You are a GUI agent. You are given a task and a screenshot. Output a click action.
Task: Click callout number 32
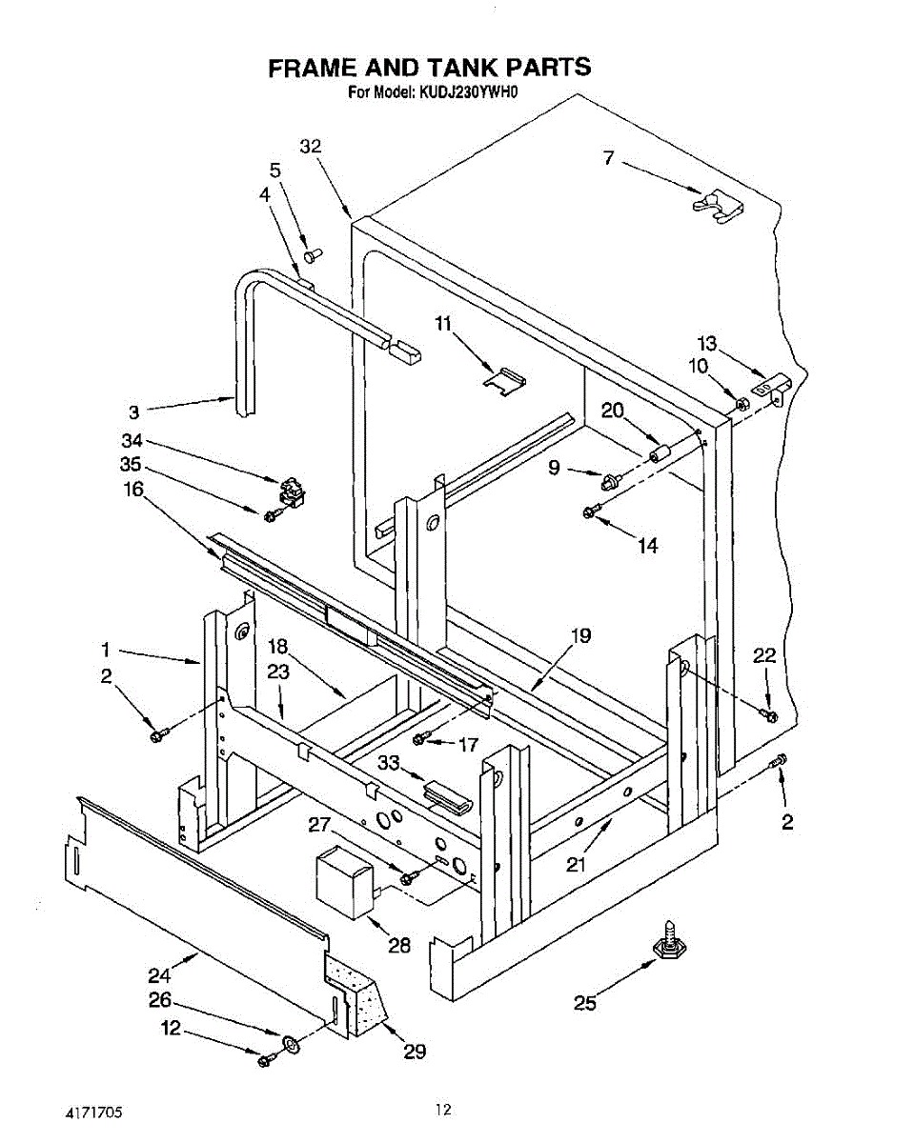pos(311,146)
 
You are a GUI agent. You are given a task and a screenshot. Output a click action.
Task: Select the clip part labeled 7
pos(718,206)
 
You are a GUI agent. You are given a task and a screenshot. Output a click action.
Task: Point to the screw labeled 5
pos(312,255)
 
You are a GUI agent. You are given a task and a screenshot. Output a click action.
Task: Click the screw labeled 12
pos(266,1058)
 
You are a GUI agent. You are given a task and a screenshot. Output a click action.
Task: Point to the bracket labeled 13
pos(770,389)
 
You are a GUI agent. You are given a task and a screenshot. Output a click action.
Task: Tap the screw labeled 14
pos(590,512)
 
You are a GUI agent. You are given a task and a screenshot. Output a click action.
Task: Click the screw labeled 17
pos(420,739)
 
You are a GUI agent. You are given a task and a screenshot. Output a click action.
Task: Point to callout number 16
pos(133,489)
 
